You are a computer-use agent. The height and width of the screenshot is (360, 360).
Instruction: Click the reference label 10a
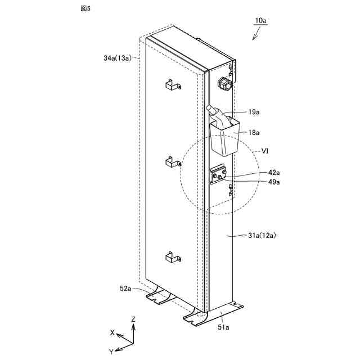click(260, 21)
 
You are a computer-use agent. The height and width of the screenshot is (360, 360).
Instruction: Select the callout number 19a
click(254, 112)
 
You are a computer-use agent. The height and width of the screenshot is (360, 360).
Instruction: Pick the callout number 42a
click(258, 173)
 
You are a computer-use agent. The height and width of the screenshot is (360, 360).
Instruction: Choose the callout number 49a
click(258, 182)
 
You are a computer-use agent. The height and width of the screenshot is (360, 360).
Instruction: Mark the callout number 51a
click(224, 327)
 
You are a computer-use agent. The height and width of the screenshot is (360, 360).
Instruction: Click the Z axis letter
click(133, 319)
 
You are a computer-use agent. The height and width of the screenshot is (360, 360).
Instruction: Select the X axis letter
click(112, 332)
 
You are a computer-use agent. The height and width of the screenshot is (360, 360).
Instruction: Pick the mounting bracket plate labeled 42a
click(218, 175)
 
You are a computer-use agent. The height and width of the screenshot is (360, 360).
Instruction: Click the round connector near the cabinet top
click(224, 84)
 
